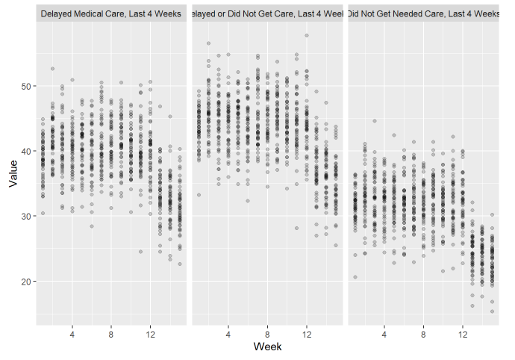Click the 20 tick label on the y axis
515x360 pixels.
click(27, 282)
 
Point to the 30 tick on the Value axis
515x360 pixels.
click(27, 217)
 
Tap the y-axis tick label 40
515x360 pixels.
click(27, 152)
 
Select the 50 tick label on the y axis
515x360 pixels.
click(27, 87)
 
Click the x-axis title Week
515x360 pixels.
click(267, 347)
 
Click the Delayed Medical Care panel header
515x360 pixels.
click(111, 13)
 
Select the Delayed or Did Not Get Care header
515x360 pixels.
click(267, 13)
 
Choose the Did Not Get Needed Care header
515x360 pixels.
click(423, 13)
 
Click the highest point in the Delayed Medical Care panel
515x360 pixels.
click(52, 69)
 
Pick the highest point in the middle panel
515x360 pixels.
click(306, 35)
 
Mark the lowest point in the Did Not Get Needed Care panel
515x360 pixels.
click(492, 311)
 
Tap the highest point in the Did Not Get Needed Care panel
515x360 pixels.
click(375, 121)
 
